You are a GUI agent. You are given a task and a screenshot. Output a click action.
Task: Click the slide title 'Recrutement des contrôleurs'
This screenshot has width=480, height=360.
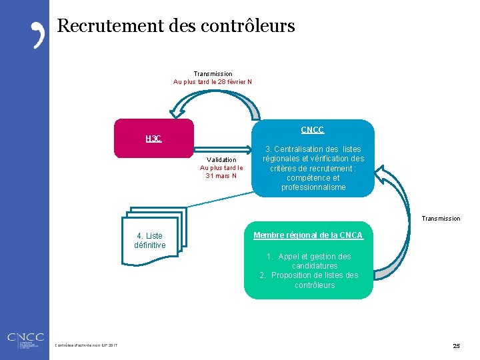tap(176, 27)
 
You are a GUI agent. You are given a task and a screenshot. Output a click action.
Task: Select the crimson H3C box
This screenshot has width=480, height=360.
tap(154, 139)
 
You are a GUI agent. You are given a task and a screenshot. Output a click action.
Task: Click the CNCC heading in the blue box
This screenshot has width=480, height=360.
tap(312, 130)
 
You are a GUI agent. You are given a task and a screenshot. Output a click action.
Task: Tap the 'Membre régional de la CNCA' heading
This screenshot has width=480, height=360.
tap(308, 235)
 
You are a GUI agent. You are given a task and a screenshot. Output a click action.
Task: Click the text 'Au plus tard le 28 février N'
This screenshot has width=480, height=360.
tap(213, 82)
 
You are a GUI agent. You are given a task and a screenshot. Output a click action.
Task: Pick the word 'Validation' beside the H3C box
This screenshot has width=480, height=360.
tap(221, 160)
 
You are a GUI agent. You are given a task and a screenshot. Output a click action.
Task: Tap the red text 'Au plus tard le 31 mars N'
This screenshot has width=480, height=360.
tap(221, 172)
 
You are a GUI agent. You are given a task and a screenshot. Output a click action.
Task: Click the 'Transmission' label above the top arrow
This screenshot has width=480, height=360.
tap(213, 74)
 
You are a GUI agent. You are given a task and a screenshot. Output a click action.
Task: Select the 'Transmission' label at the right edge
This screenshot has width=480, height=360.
tap(441, 219)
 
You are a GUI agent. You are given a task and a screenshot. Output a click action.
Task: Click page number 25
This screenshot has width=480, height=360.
tap(456, 346)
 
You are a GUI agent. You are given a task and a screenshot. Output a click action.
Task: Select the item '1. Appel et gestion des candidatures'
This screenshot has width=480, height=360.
tap(309, 261)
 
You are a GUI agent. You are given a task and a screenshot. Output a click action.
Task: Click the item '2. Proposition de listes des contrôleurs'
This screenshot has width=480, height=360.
tap(309, 280)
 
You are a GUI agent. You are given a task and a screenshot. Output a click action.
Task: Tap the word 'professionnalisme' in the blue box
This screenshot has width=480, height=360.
tap(313, 187)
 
